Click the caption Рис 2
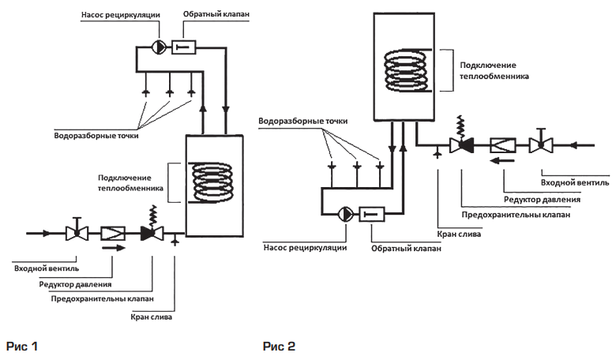pos(279,346)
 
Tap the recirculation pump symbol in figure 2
pos(344,213)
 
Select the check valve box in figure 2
pos(374,213)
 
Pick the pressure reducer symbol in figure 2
pos(502,144)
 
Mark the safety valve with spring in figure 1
pos(151,230)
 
